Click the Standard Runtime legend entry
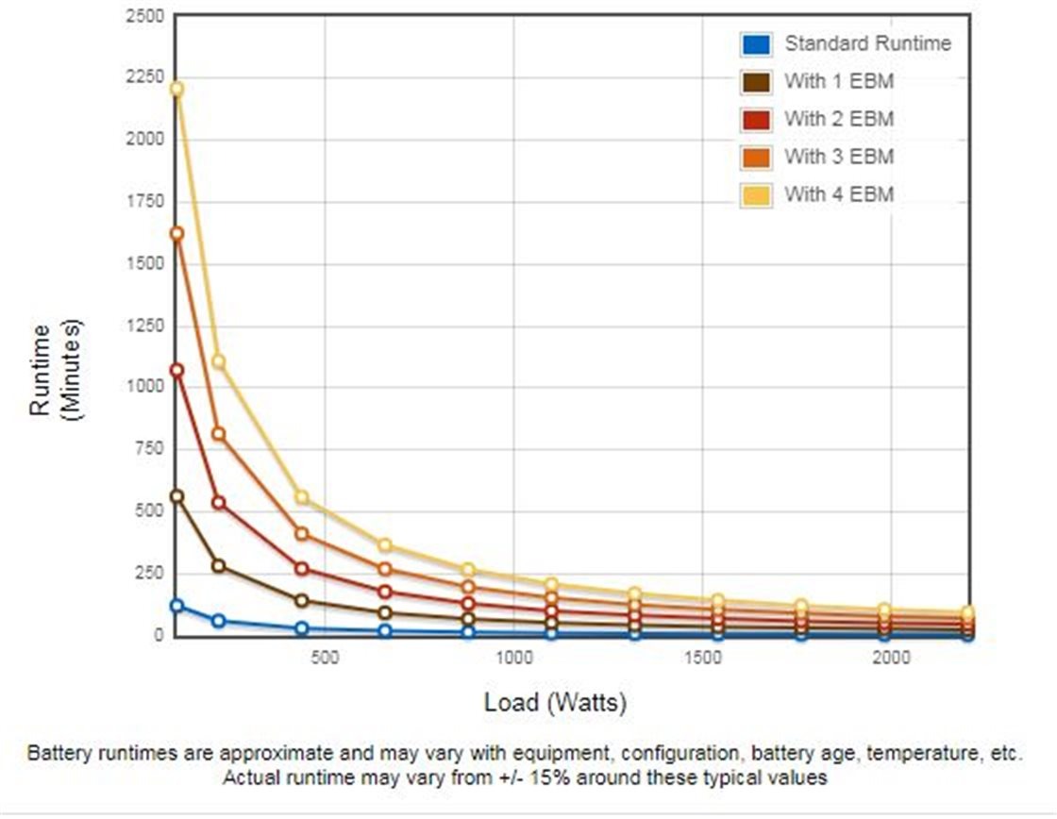(x=867, y=43)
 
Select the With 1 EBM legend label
(x=838, y=82)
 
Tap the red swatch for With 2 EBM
(x=756, y=120)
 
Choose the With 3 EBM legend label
(x=838, y=158)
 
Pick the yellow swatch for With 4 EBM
(x=756, y=195)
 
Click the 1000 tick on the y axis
(x=144, y=385)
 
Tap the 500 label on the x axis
(x=325, y=658)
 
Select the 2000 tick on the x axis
(x=890, y=658)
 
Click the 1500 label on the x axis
(x=702, y=658)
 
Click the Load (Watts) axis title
(x=555, y=703)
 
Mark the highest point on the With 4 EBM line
(x=176, y=89)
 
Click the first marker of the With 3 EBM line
(x=176, y=233)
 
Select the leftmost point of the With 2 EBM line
(x=176, y=371)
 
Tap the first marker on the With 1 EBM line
(x=176, y=496)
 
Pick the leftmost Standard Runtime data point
(x=176, y=606)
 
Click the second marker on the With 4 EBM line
(x=218, y=362)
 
